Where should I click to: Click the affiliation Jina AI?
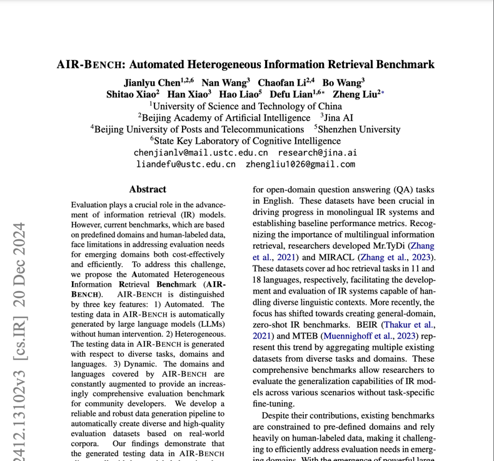pyautogui.click(x=340, y=117)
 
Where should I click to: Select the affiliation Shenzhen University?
pyautogui.click(x=360, y=129)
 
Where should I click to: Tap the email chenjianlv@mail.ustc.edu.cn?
pyautogui.click(x=200, y=153)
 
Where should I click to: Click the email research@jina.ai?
pyautogui.click(x=317, y=153)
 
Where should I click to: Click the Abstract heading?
pyautogui.click(x=148, y=189)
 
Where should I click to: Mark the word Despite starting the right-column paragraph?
pyautogui.click(x=278, y=415)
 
